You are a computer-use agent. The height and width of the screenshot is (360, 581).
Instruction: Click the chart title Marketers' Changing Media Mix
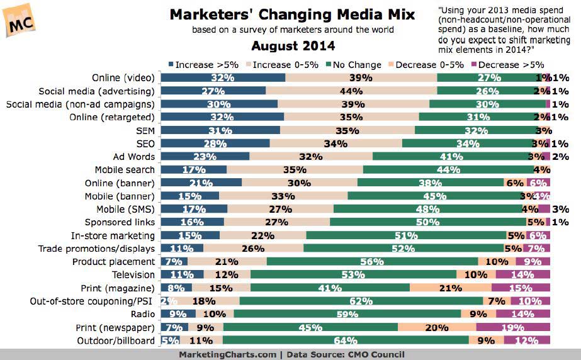pos(293,14)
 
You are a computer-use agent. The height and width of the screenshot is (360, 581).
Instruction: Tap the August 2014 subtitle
pos(293,46)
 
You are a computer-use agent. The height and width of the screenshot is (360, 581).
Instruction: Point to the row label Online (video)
pos(123,78)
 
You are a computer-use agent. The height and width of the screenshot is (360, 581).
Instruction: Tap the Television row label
pos(133,274)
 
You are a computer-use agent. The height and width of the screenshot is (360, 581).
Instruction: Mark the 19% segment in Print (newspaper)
pos(513,327)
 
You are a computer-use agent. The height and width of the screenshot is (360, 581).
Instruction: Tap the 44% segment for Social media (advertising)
pos(351,91)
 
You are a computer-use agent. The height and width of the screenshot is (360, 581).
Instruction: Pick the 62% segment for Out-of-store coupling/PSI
pos(361,301)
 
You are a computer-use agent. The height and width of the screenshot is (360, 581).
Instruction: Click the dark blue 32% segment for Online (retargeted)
pos(223,117)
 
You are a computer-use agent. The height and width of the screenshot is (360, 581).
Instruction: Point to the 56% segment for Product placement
pos(372,261)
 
